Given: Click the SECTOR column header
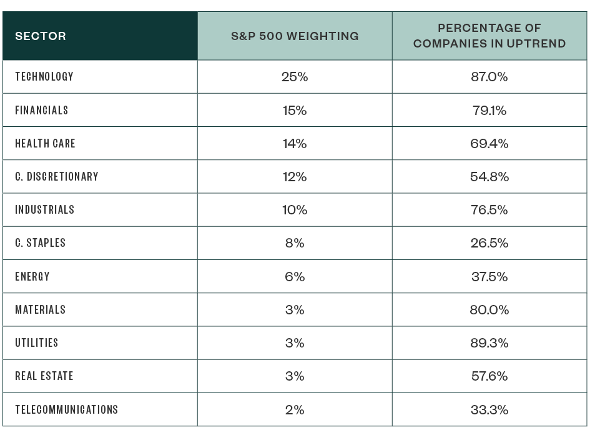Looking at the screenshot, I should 41,36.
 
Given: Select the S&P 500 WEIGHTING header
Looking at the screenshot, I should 295,36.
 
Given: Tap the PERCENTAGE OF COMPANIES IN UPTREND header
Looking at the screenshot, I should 489,36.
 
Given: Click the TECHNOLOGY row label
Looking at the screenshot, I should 44,77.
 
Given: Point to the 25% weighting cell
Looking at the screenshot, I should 295,77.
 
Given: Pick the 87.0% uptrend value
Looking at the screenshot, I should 489,77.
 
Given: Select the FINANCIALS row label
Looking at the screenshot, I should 42,110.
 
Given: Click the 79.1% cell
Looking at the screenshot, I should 489,111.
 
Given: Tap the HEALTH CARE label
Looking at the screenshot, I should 45,144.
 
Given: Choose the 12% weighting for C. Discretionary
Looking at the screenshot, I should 295,177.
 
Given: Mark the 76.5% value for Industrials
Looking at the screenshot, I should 489,210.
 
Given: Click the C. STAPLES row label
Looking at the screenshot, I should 41,243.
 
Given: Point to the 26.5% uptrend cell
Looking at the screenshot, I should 489,243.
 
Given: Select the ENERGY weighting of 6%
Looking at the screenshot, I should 295,276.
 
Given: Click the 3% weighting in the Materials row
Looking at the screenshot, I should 295,310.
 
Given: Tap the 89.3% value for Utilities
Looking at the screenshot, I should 489,343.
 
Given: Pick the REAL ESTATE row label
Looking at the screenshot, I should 44,376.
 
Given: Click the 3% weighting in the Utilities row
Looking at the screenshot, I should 295,343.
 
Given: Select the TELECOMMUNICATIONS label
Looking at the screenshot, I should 67,410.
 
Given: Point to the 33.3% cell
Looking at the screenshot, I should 489,410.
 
